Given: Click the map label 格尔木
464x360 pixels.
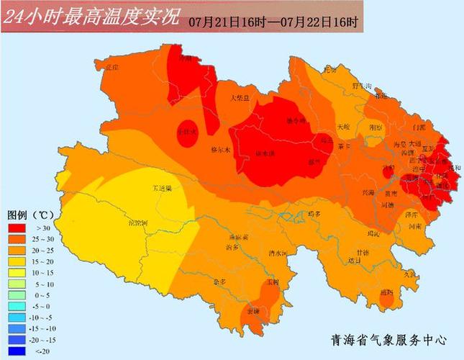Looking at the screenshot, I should click(218, 150).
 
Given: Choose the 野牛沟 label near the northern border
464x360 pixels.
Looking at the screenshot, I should click(361, 86).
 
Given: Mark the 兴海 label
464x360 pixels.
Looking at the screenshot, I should click(368, 192).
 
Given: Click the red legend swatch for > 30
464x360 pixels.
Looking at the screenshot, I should click(17, 228).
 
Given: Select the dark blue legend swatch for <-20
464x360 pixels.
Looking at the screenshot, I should click(17, 351).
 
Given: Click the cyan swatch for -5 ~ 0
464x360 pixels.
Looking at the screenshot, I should click(17, 307).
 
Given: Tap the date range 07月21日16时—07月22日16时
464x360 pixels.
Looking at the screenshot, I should click(274, 22).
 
